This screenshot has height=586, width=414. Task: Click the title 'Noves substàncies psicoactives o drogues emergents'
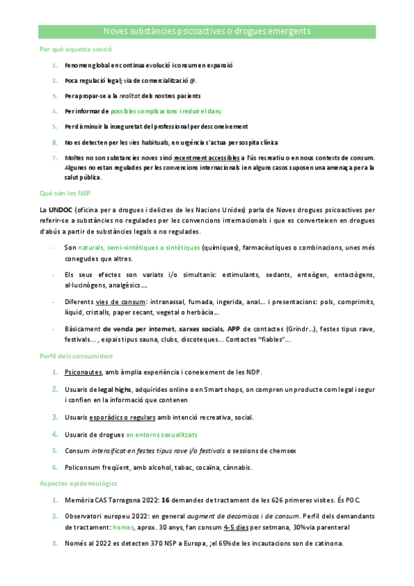(207, 32)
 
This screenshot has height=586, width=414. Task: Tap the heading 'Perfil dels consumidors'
(76, 356)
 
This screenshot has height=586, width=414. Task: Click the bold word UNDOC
(60, 209)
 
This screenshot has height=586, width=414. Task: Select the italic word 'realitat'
(131, 96)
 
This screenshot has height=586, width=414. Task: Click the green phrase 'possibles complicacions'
(144, 111)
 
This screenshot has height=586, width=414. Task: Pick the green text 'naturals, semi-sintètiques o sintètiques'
(139, 247)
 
